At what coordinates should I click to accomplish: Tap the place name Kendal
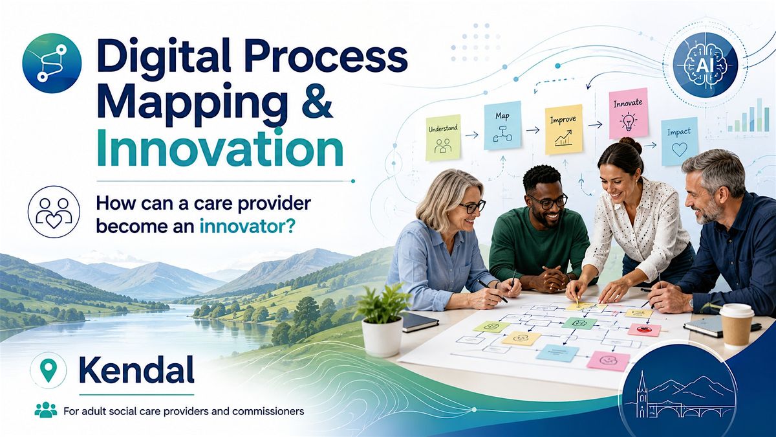pos(136,370)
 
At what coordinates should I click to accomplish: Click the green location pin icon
pos(48,370)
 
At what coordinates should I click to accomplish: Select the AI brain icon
pos(706,66)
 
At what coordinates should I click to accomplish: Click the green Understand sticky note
pos(443,138)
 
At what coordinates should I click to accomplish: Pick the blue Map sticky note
pos(502,126)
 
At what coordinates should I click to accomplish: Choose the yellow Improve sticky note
pos(563,129)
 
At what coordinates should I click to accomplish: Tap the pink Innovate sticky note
pos(629,113)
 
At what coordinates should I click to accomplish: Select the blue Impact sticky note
pos(680,142)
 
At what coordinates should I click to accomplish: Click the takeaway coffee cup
pos(737,326)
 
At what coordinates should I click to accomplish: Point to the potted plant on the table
pos(382,319)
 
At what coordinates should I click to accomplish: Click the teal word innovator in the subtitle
pos(247,227)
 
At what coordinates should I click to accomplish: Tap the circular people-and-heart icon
pos(54,211)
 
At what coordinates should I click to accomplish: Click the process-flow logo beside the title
pos(52,63)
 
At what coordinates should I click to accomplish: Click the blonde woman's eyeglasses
pos(472,207)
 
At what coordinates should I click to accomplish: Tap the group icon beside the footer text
pos(46,410)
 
